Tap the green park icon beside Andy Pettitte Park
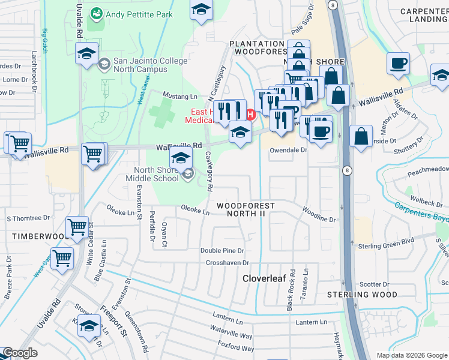[x=95, y=13]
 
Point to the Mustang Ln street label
[x=181, y=96]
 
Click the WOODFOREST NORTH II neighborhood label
[x=246, y=210]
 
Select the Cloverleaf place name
[x=266, y=278]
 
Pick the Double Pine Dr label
[x=222, y=251]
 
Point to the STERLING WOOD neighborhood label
[x=362, y=295]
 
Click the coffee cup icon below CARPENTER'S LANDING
[x=399, y=65]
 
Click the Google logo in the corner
[x=20, y=353]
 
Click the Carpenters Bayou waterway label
[x=420, y=214]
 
